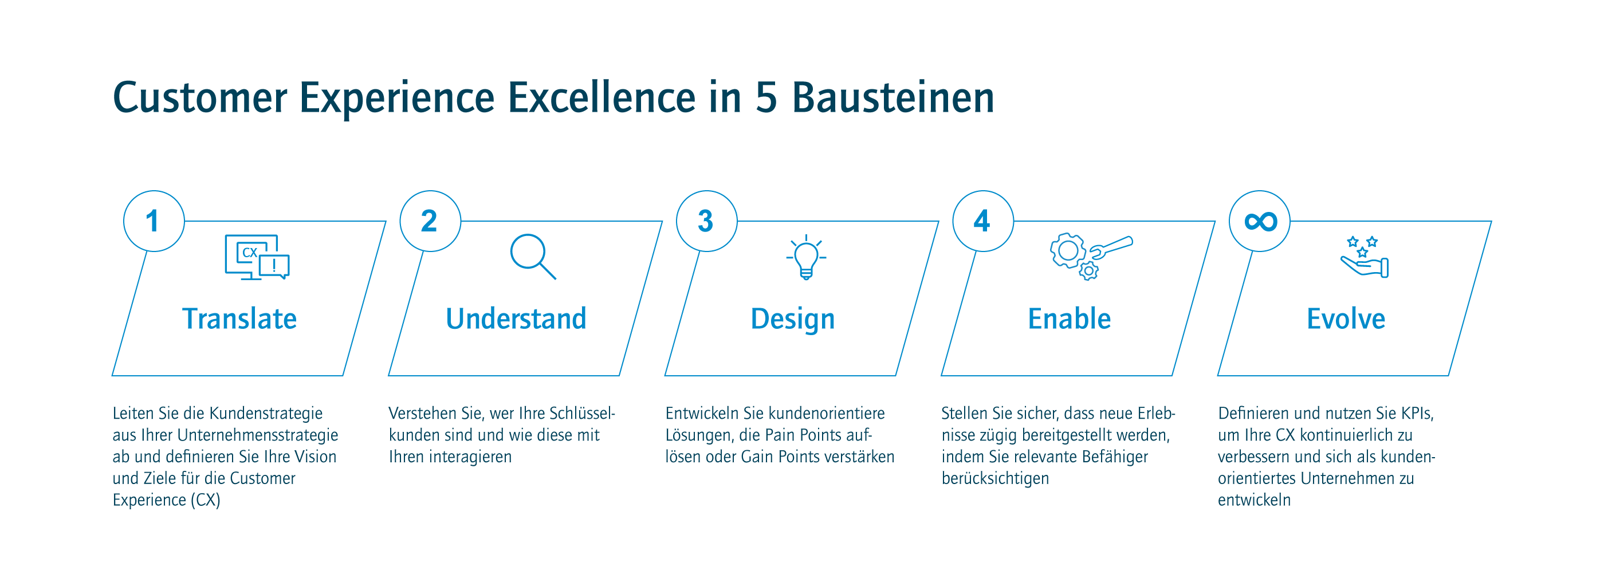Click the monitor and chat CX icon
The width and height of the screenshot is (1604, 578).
coord(257,257)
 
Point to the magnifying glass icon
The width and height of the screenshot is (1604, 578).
coord(533,257)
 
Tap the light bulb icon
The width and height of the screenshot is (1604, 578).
coord(806,257)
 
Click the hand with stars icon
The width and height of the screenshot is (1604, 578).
coord(1365,257)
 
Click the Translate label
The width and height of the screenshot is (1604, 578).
coord(239,319)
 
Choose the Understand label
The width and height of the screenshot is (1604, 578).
coord(516,319)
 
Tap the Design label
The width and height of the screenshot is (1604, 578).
coord(793,320)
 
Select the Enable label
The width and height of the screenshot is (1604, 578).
coord(1069,319)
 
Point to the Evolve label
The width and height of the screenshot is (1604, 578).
coord(1346,319)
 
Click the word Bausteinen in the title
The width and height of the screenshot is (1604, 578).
coord(893,98)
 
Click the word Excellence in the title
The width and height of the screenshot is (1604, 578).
coord(601,98)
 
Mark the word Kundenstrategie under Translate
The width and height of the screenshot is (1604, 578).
coord(266,414)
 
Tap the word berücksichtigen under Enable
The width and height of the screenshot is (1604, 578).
coord(995,478)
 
